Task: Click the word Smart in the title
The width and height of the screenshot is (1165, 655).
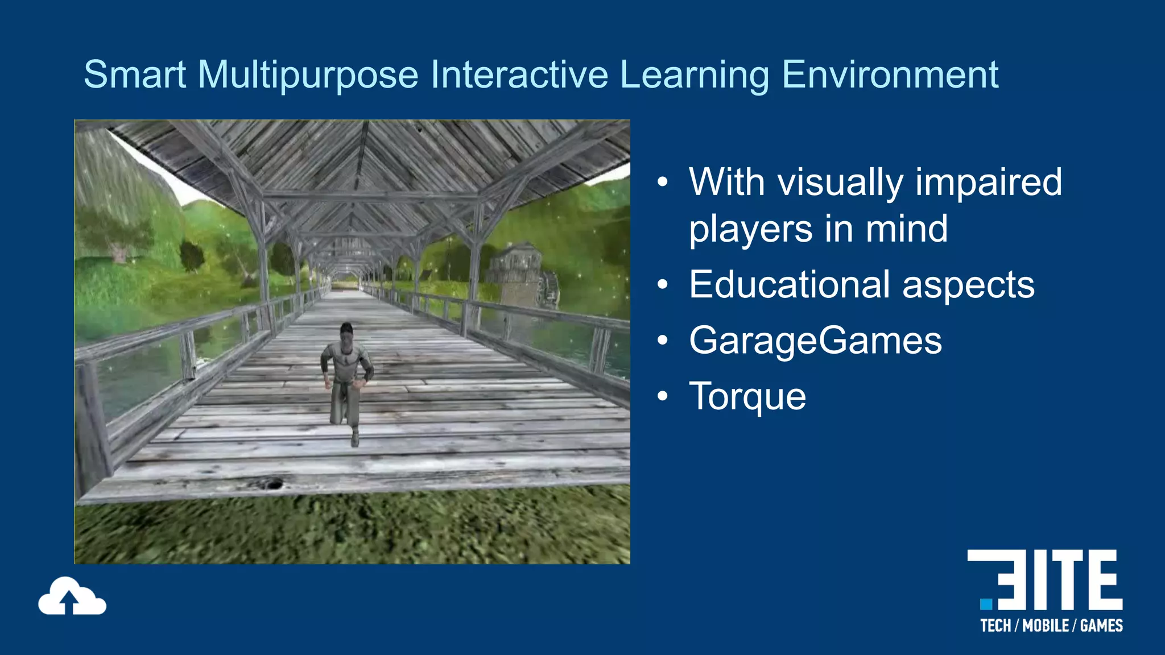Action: coord(135,74)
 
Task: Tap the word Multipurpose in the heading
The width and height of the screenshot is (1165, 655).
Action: coord(308,76)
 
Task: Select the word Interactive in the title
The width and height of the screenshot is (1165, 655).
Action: coord(519,74)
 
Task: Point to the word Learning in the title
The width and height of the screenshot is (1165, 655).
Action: coord(694,76)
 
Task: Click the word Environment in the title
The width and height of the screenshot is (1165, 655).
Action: coord(890,74)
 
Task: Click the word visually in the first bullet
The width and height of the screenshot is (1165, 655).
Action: coord(840,183)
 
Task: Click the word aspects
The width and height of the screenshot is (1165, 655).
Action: coord(968,285)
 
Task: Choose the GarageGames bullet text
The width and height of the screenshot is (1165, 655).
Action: coord(815,341)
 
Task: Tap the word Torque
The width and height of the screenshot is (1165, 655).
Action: coord(747,397)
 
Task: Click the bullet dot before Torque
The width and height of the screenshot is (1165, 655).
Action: coord(662,396)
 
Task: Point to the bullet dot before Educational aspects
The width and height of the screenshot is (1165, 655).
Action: coord(662,284)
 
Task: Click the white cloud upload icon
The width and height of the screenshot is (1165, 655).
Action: coord(72,597)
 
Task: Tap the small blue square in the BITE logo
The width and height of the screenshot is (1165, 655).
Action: coord(986,603)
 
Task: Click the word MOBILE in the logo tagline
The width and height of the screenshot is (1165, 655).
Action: coord(1046,626)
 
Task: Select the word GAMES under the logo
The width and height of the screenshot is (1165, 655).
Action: coord(1101,626)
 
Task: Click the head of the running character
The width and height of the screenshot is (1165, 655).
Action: coord(346,332)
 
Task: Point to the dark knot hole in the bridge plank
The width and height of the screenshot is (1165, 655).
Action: coord(274,484)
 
